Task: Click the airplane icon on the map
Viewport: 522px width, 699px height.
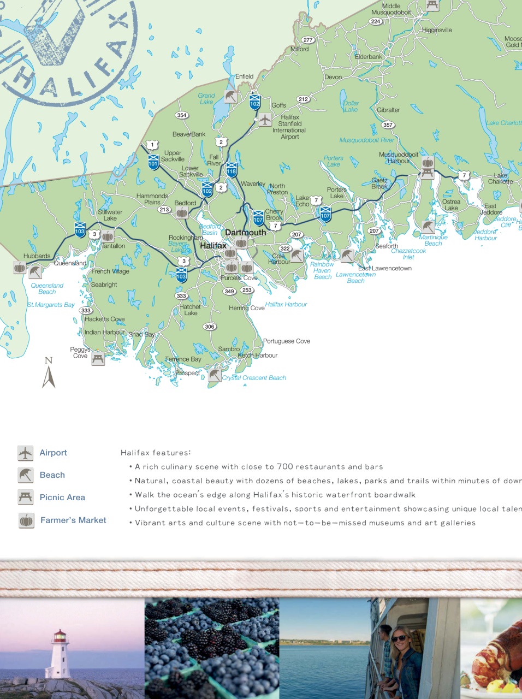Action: coord(265,120)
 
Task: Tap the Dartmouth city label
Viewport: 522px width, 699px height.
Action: coord(246,233)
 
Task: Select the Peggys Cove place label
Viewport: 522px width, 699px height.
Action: coord(80,353)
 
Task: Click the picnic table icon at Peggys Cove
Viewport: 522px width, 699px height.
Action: coord(98,358)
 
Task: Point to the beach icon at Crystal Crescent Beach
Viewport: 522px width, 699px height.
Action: coord(215,375)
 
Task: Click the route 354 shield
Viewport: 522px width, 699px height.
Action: coord(182,115)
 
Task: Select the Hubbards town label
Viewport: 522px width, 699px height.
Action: coord(37,256)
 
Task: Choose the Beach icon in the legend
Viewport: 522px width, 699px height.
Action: coord(26,475)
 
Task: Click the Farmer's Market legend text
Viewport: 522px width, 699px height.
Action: coord(73,520)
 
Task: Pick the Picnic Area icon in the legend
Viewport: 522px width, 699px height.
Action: coord(26,497)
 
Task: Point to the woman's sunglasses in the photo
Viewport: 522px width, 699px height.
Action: coord(399,638)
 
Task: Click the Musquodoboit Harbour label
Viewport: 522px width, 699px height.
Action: coord(399,158)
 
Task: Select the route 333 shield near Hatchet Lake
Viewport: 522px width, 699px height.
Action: coord(181,296)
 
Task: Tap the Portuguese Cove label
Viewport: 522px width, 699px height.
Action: coord(287,341)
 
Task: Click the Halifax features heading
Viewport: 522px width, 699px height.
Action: coord(156,453)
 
